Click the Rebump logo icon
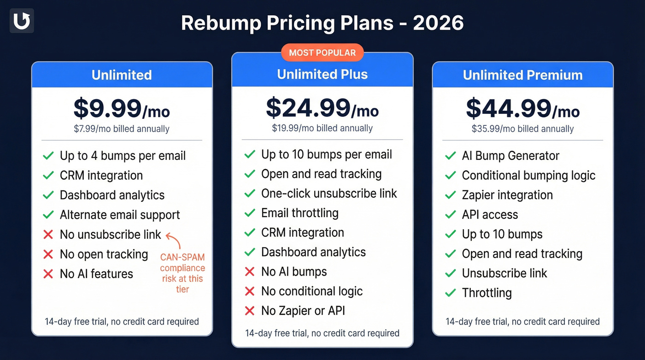[x=22, y=21]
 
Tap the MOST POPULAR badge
[x=322, y=53]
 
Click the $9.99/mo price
[x=122, y=109]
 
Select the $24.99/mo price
[x=322, y=108]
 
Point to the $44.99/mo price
[x=522, y=109]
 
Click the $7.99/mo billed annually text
[x=122, y=129]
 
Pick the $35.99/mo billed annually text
[x=522, y=129]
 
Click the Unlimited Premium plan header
[x=522, y=75]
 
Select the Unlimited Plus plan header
[x=322, y=74]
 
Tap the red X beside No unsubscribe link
[x=48, y=235]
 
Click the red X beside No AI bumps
[x=249, y=272]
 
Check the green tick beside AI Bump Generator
[x=450, y=156]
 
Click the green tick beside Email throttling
[x=249, y=213]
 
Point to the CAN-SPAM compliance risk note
[x=182, y=273]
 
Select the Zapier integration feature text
[x=507, y=195]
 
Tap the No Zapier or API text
[x=303, y=311]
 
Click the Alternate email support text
[x=120, y=215]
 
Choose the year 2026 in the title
[x=438, y=23]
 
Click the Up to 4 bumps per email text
[x=123, y=156]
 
